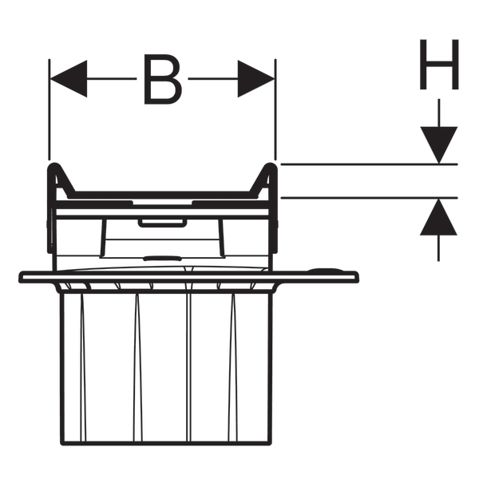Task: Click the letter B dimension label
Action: (163, 79)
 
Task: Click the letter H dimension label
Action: (439, 64)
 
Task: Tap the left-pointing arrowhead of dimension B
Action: (69, 78)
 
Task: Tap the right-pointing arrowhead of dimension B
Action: (256, 78)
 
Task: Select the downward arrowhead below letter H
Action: (439, 144)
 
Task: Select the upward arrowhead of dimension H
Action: (438, 217)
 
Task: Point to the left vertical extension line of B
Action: (49, 109)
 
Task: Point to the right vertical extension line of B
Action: (275, 109)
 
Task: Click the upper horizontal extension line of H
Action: (369, 164)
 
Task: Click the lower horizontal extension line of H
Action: (369, 198)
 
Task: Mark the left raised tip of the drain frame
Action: (54, 165)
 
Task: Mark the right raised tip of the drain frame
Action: (271, 165)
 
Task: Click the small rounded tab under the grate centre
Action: (162, 223)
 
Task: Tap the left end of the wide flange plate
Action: (21, 277)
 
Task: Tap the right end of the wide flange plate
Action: (357, 277)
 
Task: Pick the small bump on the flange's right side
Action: (326, 270)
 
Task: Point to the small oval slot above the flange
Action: (162, 259)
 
